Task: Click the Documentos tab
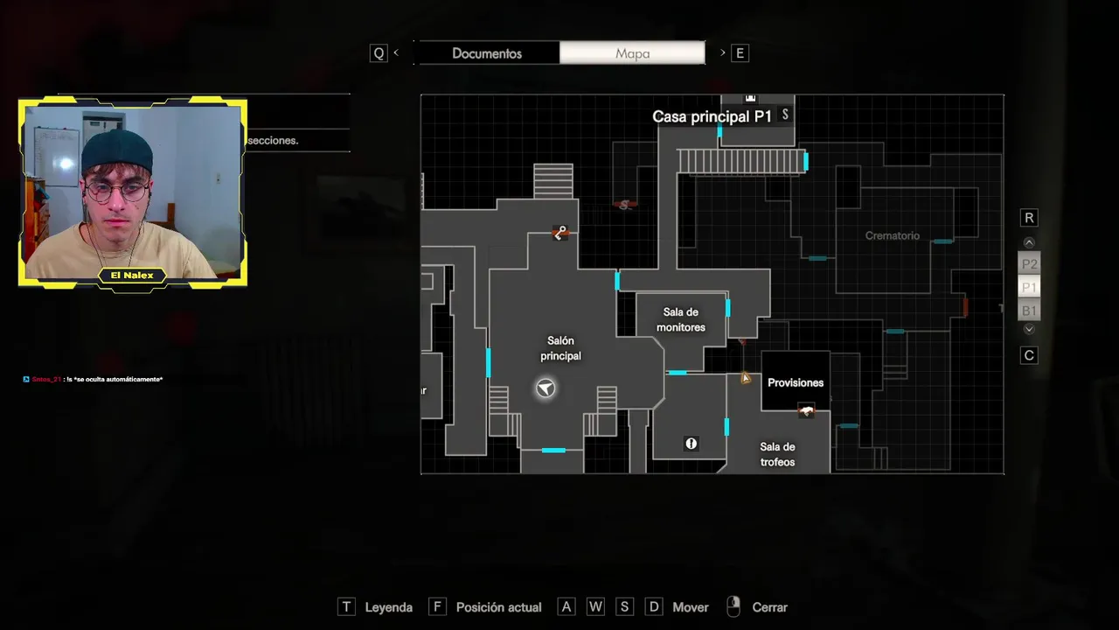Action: click(x=487, y=53)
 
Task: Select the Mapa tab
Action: click(x=632, y=53)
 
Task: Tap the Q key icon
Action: click(x=379, y=53)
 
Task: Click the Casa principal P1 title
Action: click(x=712, y=116)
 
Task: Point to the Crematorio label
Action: click(x=893, y=235)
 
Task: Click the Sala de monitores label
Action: click(x=681, y=320)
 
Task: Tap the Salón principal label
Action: click(x=560, y=348)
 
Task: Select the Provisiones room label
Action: click(x=796, y=382)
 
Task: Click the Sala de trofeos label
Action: click(x=777, y=454)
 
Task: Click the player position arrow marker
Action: click(x=546, y=388)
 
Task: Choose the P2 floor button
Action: click(x=1029, y=264)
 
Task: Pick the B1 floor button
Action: click(x=1029, y=311)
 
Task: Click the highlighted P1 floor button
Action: click(x=1029, y=287)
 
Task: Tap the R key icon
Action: click(x=1029, y=218)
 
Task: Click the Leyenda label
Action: click(x=388, y=607)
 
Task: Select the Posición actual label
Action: click(x=498, y=607)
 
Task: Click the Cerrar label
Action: click(x=769, y=607)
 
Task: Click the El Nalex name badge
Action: click(x=132, y=276)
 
